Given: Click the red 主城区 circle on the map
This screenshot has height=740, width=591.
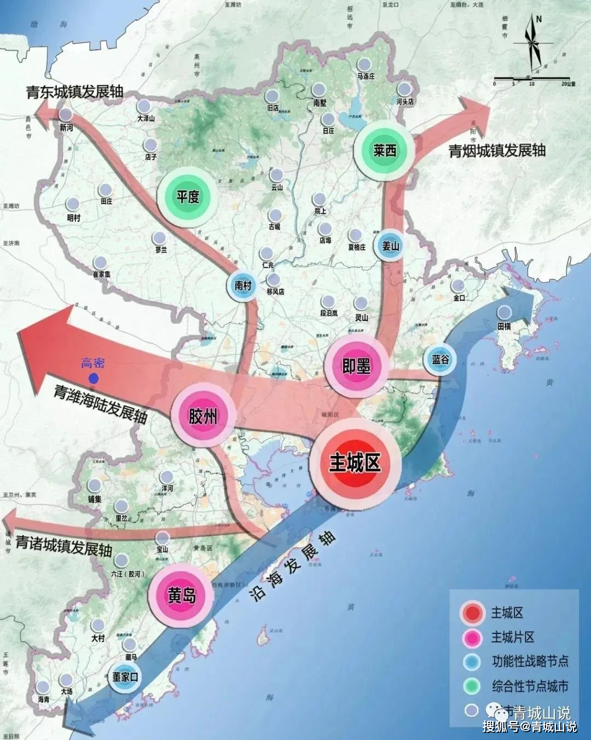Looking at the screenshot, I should tap(355, 464).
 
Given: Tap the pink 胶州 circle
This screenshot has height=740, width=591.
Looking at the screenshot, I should tap(203, 416).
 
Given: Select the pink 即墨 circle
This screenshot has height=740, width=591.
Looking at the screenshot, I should tap(356, 366).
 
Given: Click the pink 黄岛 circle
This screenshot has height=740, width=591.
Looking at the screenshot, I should tap(181, 595).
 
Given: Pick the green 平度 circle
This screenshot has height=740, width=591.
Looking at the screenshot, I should tap(188, 196).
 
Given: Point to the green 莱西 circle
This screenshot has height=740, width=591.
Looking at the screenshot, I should tap(385, 150).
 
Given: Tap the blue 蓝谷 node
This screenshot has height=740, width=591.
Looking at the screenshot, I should tap(441, 359).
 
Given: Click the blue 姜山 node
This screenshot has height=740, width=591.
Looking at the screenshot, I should tap(390, 246).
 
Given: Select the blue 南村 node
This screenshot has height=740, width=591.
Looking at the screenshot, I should tap(243, 285).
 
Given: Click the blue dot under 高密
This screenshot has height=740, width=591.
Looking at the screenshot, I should tap(94, 378).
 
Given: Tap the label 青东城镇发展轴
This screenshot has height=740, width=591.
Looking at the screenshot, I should tap(75, 91).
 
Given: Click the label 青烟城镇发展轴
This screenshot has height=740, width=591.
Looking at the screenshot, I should tap(497, 150).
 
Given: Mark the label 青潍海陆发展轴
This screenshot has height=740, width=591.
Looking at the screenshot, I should tap(101, 404).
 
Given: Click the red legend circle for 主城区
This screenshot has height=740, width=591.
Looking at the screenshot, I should tap(472, 613).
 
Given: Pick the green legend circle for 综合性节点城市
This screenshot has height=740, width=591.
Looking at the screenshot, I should tap(471, 686).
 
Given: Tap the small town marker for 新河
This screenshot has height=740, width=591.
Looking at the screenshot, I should tap(66, 114).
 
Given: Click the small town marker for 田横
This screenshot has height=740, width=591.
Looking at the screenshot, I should tap(504, 313).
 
